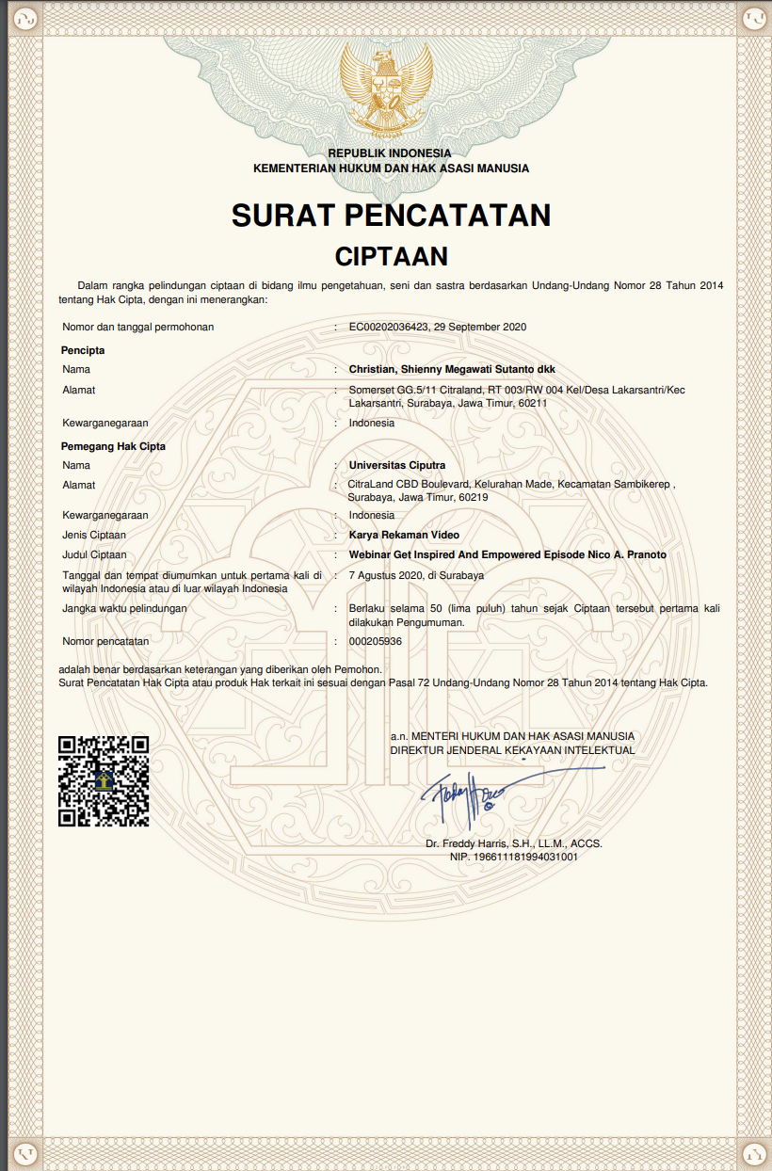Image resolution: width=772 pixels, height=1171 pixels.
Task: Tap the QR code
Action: [104, 781]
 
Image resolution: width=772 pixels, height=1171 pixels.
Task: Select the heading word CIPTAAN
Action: [392, 256]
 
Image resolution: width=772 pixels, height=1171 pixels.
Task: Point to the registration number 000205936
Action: [376, 641]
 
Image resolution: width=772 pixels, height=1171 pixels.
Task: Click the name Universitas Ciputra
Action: [397, 465]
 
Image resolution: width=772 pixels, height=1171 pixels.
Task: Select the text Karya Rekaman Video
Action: [404, 535]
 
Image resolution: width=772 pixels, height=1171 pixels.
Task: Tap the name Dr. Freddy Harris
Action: [468, 843]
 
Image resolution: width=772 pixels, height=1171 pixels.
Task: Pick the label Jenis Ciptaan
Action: [94, 535]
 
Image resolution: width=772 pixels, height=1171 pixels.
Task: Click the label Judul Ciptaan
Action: [94, 554]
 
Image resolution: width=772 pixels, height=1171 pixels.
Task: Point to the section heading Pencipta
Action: [83, 350]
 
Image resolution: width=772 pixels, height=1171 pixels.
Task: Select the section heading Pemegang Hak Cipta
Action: [113, 446]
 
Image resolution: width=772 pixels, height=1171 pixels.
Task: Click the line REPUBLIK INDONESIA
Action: [390, 152]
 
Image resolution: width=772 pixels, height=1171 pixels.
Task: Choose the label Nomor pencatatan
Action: [105, 641]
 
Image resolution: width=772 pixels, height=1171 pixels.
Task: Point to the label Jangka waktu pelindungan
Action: [124, 608]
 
